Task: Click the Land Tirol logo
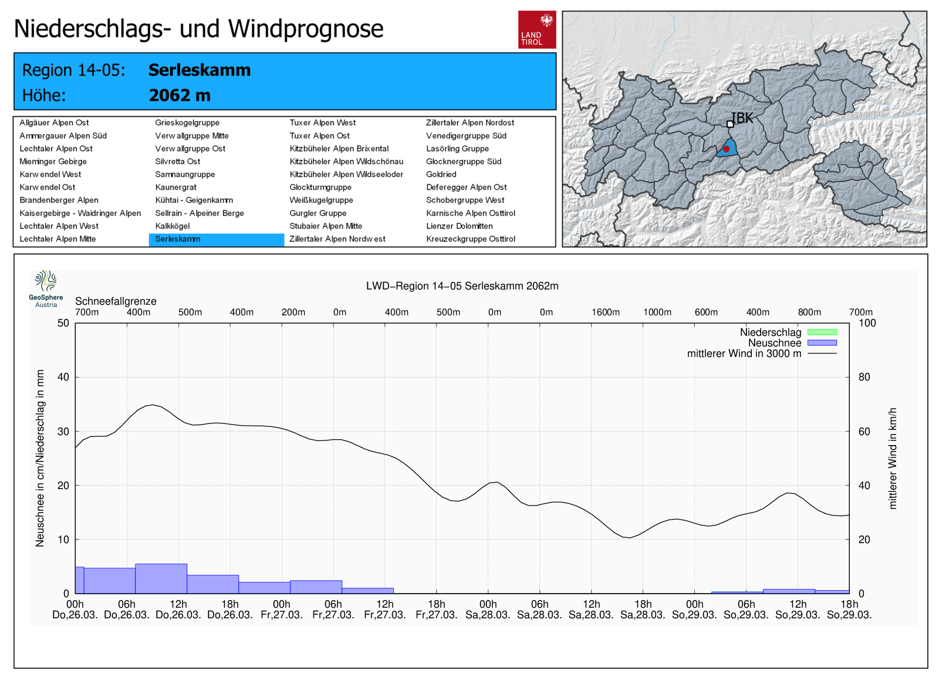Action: (536, 29)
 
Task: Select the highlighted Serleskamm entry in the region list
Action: (216, 240)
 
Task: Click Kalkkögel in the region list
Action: (173, 226)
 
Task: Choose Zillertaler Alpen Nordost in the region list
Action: (469, 123)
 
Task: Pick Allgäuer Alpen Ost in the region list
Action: (54, 123)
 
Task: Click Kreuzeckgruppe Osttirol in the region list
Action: (470, 239)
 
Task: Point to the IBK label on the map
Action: (743, 118)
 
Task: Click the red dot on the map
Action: (726, 149)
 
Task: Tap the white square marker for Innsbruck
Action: (730, 124)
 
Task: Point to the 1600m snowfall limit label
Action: (605, 312)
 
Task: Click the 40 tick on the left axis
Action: (63, 377)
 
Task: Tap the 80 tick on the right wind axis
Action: (864, 377)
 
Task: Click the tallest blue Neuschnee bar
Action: (161, 578)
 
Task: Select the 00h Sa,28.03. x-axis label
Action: (488, 609)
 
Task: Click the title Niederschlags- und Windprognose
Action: (198, 29)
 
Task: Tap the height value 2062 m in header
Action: (180, 95)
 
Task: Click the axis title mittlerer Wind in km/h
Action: (893, 458)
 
